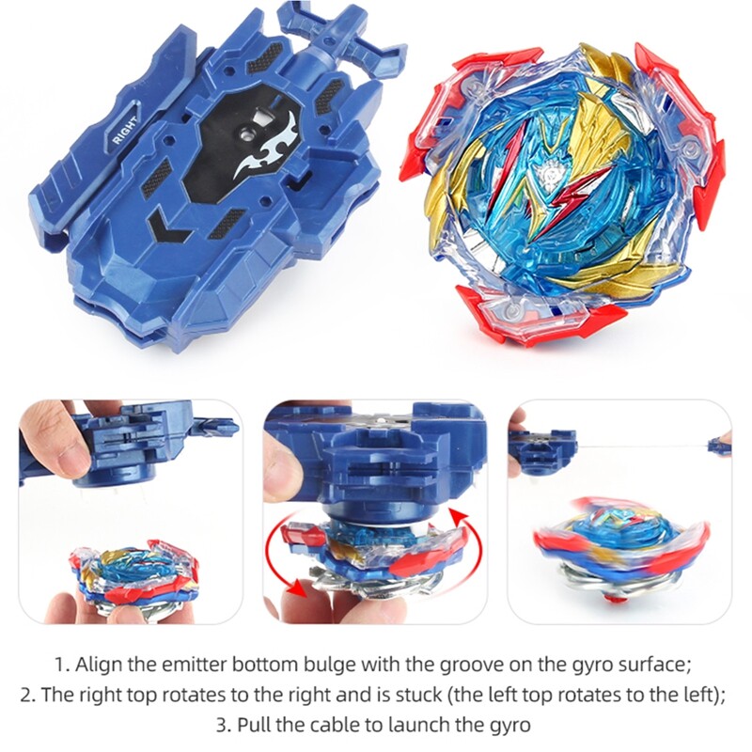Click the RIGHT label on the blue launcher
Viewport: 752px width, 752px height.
point(124,132)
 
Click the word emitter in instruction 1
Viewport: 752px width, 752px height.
point(191,664)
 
